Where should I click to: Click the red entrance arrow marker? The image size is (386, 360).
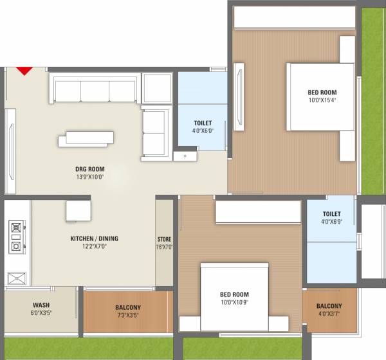point(24,70)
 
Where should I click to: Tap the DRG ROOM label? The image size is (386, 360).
point(89,169)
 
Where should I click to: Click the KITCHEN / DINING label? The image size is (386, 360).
point(94,239)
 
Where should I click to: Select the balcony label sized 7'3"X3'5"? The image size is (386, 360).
point(128,307)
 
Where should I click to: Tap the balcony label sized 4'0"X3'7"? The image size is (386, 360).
point(329,306)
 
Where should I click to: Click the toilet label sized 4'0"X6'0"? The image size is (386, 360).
point(203,123)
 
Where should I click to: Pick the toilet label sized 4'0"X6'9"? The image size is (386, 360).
point(331,214)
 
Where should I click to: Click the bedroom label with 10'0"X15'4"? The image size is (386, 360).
point(322,92)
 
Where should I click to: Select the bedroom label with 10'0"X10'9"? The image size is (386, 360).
point(234,296)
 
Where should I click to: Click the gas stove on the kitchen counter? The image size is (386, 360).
point(17,237)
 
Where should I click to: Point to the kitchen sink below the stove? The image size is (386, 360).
point(17,278)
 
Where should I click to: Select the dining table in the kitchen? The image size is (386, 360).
point(78,210)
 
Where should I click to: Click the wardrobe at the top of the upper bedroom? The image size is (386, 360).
point(295,17)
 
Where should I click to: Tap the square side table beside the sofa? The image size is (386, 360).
point(156,88)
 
